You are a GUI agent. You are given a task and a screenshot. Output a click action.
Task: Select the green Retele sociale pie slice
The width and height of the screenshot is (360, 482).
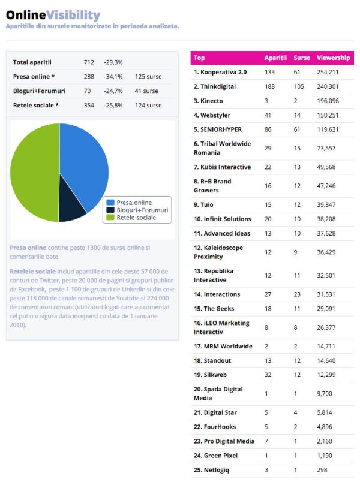tap(34, 172)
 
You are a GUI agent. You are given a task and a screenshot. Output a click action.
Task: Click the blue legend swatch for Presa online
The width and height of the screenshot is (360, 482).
tap(110, 203)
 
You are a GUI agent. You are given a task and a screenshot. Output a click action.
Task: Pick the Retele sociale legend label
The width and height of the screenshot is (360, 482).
tap(136, 218)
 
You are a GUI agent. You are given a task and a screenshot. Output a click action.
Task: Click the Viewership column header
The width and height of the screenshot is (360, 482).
tap(334, 58)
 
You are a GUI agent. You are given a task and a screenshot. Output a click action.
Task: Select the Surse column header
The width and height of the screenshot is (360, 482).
tap(302, 58)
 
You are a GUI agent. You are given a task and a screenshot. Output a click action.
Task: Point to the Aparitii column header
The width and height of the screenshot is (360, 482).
tap(275, 58)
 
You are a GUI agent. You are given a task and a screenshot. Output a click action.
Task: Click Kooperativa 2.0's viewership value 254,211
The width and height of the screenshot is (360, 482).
tap(328, 72)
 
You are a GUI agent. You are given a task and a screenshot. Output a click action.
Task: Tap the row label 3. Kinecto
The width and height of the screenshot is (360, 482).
tap(208, 101)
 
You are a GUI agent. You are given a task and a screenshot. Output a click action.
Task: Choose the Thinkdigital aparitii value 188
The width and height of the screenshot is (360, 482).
tap(269, 87)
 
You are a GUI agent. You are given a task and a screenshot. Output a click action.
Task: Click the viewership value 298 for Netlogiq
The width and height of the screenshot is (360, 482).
tap(322, 470)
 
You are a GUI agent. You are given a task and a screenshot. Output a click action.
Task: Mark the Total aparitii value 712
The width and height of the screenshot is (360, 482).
tap(89, 62)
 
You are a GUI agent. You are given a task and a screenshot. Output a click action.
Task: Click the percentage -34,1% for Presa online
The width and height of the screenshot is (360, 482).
tap(113, 77)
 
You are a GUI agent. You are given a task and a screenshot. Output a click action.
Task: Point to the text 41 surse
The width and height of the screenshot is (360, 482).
tap(146, 91)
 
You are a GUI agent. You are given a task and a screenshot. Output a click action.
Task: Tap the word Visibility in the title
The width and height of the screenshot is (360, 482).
tap(73, 15)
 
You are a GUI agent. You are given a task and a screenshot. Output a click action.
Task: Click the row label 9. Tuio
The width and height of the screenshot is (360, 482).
tap(203, 204)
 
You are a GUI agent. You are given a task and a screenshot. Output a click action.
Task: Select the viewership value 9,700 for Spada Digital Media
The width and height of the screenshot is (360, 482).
tap(325, 394)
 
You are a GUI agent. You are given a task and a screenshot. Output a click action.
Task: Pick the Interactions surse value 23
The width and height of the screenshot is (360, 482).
tap(297, 294)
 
